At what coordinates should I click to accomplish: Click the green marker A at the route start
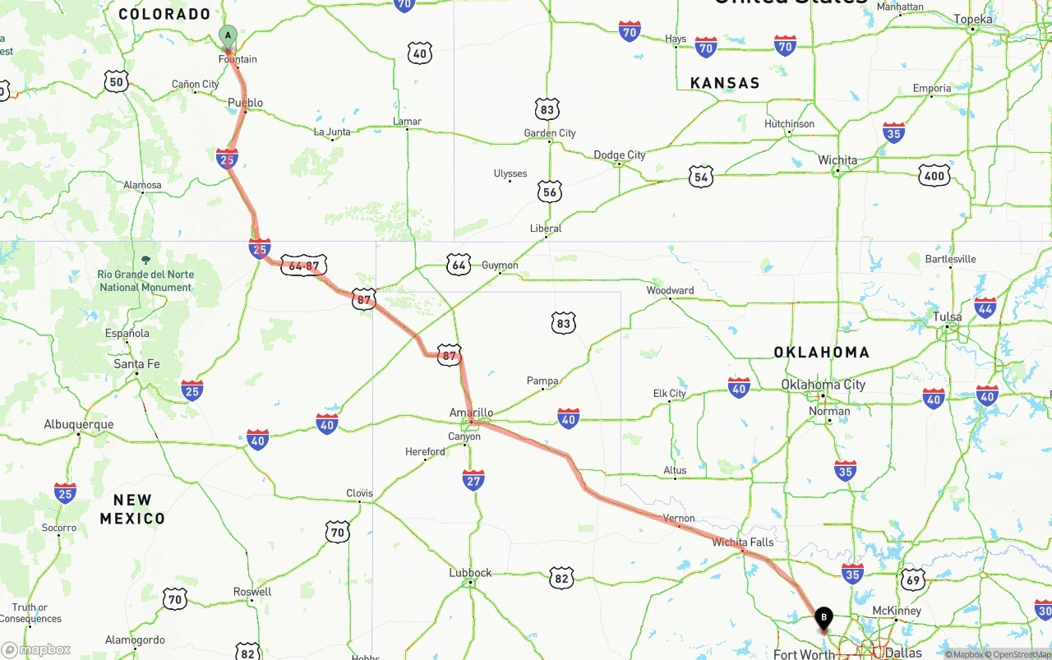coord(228,36)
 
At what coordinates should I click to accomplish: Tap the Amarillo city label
coord(471,413)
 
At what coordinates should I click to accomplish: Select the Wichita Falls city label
coord(742,542)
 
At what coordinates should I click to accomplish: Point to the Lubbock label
coord(470,573)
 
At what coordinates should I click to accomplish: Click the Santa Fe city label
coord(136,364)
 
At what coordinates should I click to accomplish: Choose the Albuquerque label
coord(79,425)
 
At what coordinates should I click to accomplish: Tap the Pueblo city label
coord(245,103)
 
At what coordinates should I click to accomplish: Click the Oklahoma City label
coord(823,385)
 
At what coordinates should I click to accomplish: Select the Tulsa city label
coord(947,317)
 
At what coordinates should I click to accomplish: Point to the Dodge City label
coord(620,155)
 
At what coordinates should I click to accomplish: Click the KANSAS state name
coord(725,83)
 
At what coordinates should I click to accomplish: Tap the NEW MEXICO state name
coord(132,509)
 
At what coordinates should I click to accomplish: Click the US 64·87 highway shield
coord(304,265)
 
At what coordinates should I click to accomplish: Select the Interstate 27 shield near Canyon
coord(473,481)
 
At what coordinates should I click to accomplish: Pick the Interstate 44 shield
coord(985,307)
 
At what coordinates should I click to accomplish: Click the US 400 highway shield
coord(934,175)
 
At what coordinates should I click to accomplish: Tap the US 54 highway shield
coord(700,176)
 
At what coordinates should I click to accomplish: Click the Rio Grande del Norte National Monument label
coord(145,280)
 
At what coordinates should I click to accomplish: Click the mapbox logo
coord(36,649)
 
